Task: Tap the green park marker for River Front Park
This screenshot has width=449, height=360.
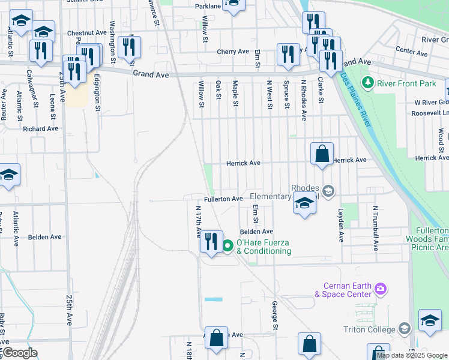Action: (x=367, y=83)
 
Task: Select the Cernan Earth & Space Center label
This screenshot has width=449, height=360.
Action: (x=344, y=290)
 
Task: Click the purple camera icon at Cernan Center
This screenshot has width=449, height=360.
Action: (x=380, y=290)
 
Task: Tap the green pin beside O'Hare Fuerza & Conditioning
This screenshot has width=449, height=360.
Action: (x=228, y=245)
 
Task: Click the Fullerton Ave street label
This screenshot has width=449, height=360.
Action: (x=223, y=199)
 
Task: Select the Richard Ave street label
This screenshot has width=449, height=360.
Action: (x=40, y=128)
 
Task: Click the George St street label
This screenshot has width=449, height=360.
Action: (x=274, y=316)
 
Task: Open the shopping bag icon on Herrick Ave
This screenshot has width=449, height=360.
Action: (x=322, y=153)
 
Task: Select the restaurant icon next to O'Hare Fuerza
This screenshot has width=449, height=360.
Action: (x=211, y=242)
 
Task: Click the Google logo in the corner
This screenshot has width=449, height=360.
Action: (x=20, y=353)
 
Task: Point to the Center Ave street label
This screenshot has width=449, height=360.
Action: (x=411, y=52)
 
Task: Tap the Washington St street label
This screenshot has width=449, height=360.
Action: (x=112, y=37)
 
